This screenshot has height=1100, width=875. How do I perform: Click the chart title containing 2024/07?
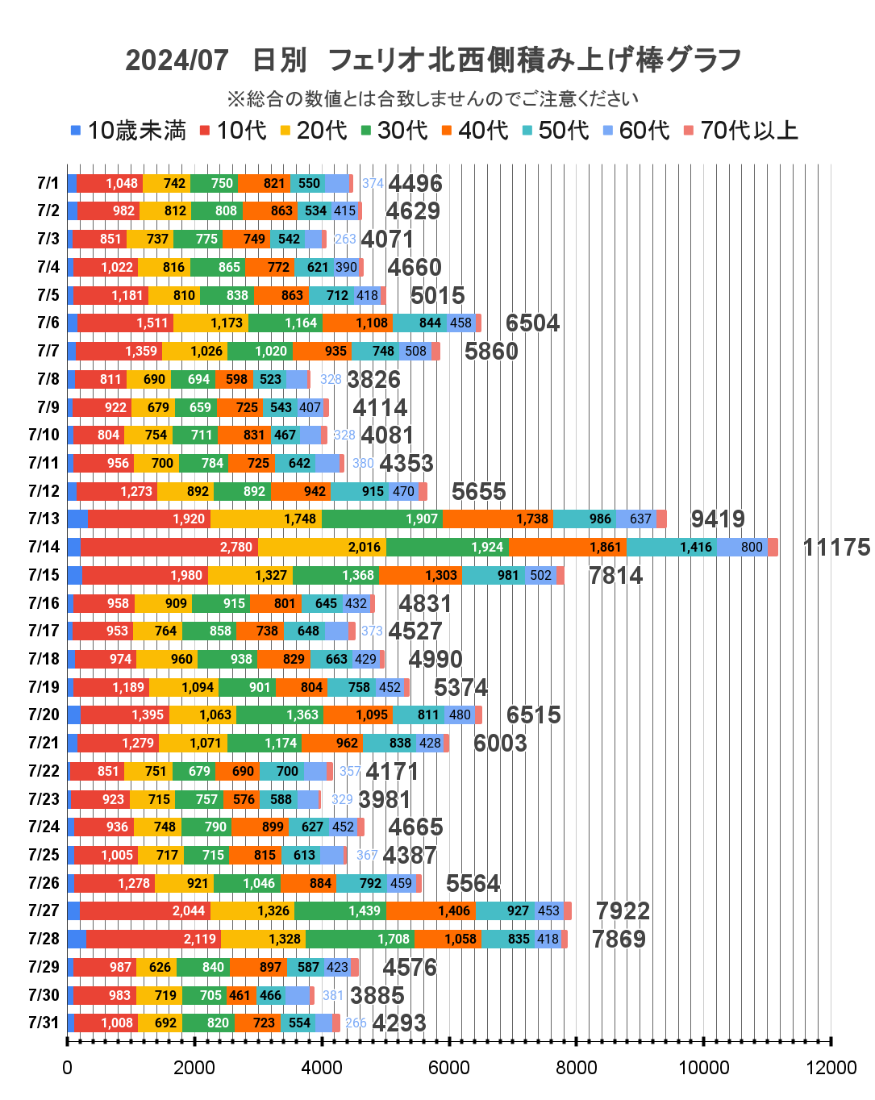click(433, 60)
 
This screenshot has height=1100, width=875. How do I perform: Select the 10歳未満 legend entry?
click(129, 131)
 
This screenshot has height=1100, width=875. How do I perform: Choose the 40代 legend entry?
click(475, 131)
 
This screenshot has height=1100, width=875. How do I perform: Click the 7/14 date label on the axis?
click(44, 547)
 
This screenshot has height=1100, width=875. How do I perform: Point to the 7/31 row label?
click(44, 1023)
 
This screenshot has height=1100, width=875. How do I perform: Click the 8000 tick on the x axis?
click(577, 1068)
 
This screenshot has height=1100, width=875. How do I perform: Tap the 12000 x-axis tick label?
click(831, 1068)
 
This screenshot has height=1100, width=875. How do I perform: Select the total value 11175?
click(836, 548)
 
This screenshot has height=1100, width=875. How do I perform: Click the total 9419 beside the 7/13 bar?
click(718, 519)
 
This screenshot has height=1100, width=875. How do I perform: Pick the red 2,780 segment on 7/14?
click(169, 548)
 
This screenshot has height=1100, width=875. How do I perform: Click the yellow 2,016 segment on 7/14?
click(322, 548)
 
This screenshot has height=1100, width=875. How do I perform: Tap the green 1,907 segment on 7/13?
click(382, 519)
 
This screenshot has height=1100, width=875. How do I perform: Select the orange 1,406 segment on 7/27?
click(431, 911)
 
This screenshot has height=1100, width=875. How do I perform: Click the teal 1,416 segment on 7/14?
click(672, 548)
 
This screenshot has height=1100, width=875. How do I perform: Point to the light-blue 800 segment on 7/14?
click(742, 548)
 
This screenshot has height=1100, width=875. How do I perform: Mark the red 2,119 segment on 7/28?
click(153, 940)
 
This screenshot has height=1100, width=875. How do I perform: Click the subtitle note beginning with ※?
click(433, 98)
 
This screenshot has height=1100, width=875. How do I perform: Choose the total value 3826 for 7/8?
click(373, 379)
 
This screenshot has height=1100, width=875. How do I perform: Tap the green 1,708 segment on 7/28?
click(360, 940)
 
